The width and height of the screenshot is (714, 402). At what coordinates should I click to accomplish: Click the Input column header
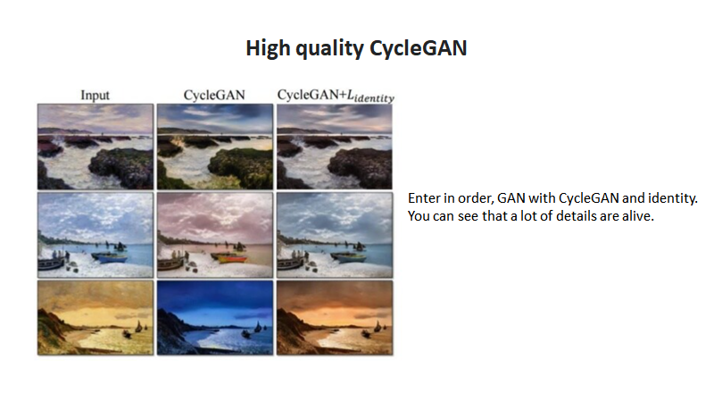pyautogui.click(x=95, y=94)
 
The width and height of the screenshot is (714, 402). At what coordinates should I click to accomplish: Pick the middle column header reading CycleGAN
pyautogui.click(x=214, y=94)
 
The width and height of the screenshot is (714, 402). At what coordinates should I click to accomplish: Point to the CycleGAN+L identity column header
pyautogui.click(x=336, y=95)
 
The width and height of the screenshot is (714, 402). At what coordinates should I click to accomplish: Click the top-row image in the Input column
pyautogui.click(x=95, y=146)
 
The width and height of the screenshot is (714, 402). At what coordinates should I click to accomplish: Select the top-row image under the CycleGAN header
pyautogui.click(x=215, y=146)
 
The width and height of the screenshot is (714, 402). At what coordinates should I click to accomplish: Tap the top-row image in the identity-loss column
pyautogui.click(x=335, y=146)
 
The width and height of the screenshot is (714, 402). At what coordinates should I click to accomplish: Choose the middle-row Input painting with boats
pyautogui.click(x=95, y=234)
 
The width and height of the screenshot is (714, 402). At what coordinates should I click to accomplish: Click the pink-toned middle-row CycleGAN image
pyautogui.click(x=215, y=234)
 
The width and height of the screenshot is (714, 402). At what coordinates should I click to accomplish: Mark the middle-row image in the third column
pyautogui.click(x=335, y=234)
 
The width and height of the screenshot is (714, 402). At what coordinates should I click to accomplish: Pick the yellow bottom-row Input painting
pyautogui.click(x=95, y=317)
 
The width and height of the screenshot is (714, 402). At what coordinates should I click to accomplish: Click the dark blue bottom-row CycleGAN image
pyautogui.click(x=215, y=317)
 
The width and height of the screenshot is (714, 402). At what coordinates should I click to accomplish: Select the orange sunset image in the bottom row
pyautogui.click(x=335, y=317)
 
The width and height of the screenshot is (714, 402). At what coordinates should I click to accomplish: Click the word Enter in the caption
pyautogui.click(x=424, y=197)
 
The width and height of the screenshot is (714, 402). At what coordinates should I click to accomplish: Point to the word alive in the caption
pyautogui.click(x=637, y=216)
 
